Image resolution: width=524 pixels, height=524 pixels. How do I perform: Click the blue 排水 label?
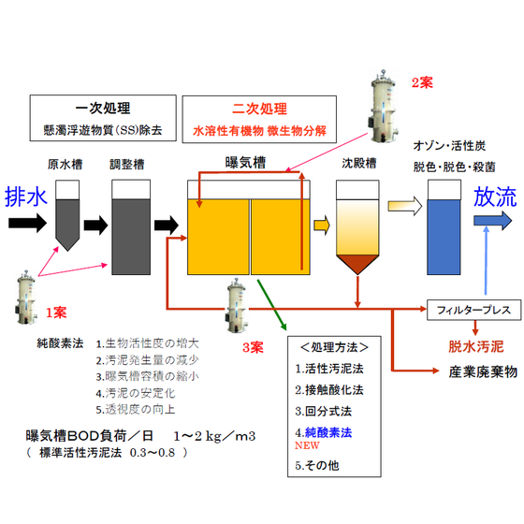coord(26,196)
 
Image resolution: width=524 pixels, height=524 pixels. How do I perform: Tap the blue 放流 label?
coord(495,196)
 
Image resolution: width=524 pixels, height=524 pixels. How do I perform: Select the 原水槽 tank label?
coord(65,165)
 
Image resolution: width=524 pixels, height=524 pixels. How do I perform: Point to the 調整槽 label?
coord(127,165)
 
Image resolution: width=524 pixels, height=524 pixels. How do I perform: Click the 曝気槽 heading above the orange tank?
coord(245,163)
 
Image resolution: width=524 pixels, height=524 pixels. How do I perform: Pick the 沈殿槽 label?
coord(359,163)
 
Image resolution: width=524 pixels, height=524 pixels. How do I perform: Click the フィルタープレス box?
coord(473,310)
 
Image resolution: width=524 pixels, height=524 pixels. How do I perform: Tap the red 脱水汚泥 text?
coord(476,346)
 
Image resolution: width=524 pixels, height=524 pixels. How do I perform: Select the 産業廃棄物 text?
coord(483,372)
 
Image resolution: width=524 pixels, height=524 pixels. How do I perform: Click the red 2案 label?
coord(422,82)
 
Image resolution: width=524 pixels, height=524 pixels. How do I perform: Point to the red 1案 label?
coord(56,313)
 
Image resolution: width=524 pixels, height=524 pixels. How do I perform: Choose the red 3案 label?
coord(253,347)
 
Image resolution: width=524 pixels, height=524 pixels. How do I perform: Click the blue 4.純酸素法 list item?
coord(324,432)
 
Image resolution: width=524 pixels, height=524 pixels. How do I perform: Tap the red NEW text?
coord(307,445)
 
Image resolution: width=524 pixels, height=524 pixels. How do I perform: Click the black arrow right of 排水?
coord(27,223)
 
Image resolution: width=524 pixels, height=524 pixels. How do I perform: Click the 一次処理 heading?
coord(103,109)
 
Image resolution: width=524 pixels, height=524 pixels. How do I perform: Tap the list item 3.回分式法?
coord(323,411)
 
